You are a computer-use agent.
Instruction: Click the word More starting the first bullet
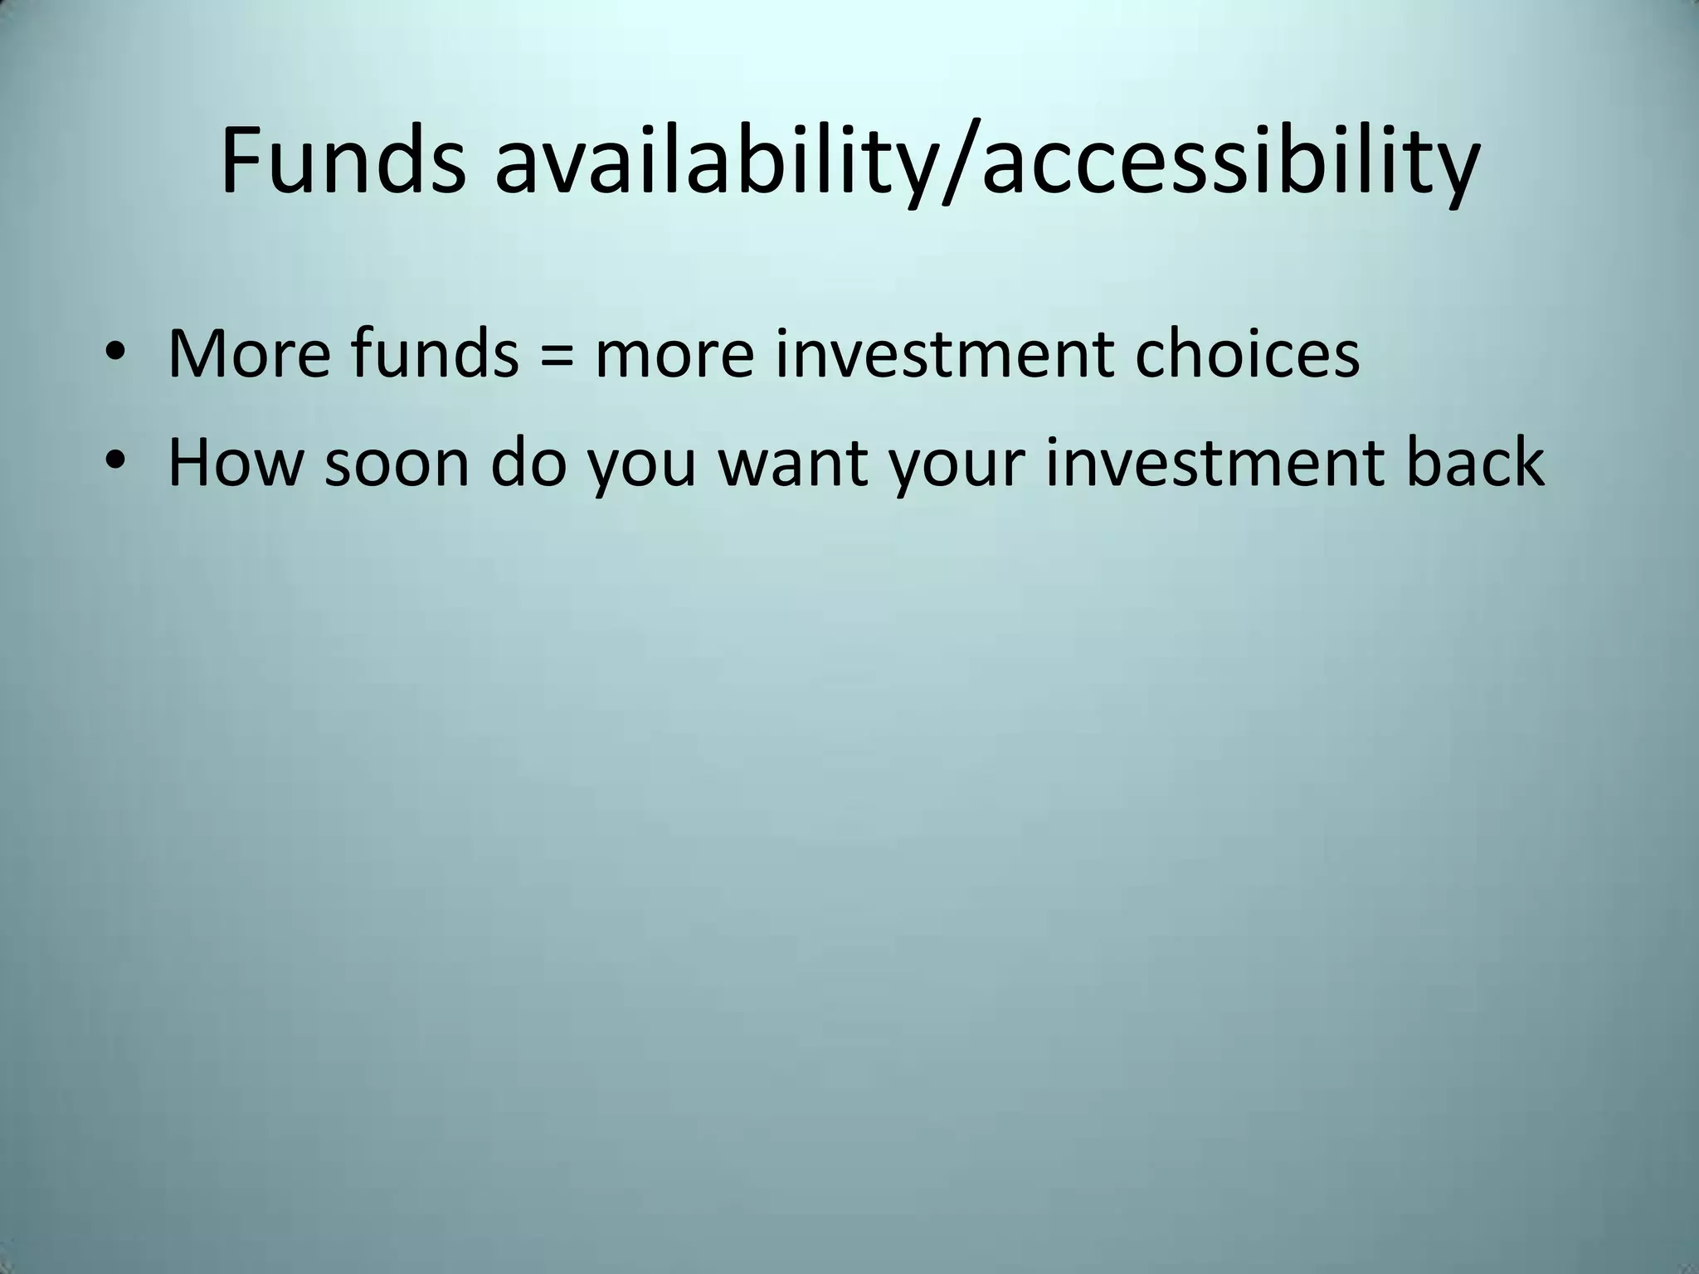[249, 354]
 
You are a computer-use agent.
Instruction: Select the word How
[234, 462]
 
